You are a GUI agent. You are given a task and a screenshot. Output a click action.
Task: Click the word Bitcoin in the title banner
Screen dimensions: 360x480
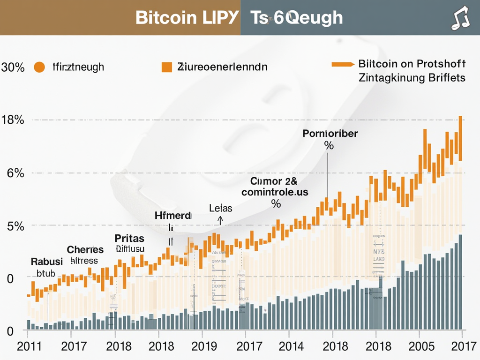coord(165,18)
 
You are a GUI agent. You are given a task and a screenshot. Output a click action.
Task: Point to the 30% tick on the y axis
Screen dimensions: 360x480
coord(13,67)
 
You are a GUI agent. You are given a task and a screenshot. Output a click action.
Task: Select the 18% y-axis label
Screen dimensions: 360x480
coord(13,120)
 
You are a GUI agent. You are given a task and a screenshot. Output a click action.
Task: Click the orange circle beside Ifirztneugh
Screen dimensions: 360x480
coord(39,67)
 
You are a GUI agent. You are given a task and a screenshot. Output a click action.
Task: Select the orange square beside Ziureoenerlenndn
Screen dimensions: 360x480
coord(166,67)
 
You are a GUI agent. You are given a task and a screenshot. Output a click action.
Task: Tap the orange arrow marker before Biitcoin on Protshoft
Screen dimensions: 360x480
coord(343,64)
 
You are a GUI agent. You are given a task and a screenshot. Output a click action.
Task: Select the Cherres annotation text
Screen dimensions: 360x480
coord(85,249)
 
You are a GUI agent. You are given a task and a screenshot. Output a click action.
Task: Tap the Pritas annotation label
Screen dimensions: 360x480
coord(129,238)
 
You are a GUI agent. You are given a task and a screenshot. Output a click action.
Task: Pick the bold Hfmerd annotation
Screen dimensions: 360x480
coord(172,216)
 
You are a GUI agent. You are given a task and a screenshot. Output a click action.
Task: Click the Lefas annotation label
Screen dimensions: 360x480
coord(220,208)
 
